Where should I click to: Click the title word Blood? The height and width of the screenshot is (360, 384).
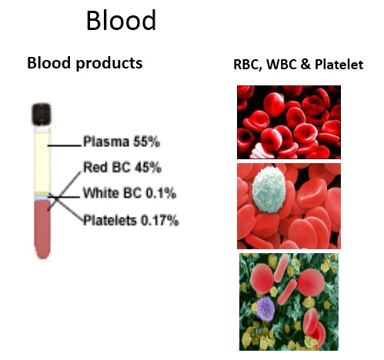121,20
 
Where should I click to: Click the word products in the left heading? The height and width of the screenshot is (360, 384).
109,63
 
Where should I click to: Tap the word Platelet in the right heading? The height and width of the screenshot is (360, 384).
339,64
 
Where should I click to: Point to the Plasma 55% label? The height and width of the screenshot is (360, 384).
122,142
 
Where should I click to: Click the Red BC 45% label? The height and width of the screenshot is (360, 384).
122,167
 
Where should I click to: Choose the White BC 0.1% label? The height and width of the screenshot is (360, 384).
129,193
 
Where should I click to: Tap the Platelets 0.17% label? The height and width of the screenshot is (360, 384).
131,221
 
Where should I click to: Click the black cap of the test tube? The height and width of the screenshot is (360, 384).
41,114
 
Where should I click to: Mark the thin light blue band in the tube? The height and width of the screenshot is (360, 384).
42,198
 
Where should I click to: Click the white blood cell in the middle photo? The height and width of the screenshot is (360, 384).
269,189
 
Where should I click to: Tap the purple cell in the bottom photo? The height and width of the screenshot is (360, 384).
265,308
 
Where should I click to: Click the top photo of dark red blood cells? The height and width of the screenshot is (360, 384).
289,122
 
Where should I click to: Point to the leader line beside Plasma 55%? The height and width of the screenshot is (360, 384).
64,145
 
